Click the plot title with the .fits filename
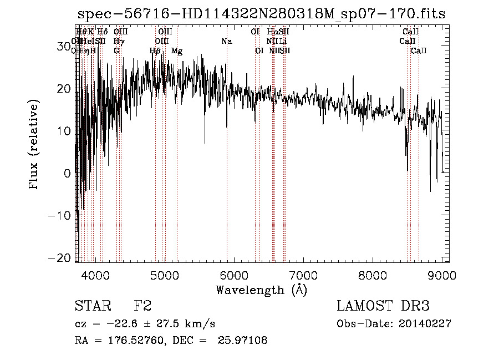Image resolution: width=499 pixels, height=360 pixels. [261, 14]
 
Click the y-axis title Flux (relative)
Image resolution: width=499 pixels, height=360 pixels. [34, 145]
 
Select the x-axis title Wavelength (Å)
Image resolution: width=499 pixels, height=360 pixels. [261, 290]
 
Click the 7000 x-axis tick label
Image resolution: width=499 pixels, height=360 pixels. [303, 275]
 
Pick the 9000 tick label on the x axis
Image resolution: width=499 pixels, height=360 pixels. [442, 275]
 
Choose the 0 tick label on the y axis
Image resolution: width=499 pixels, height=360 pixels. [67, 173]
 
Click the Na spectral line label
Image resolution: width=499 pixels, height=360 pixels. [226, 41]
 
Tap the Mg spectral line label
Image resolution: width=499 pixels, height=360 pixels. [177, 51]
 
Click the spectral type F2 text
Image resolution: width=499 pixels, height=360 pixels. [142, 306]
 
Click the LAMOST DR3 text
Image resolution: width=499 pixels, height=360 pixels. [383, 306]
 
